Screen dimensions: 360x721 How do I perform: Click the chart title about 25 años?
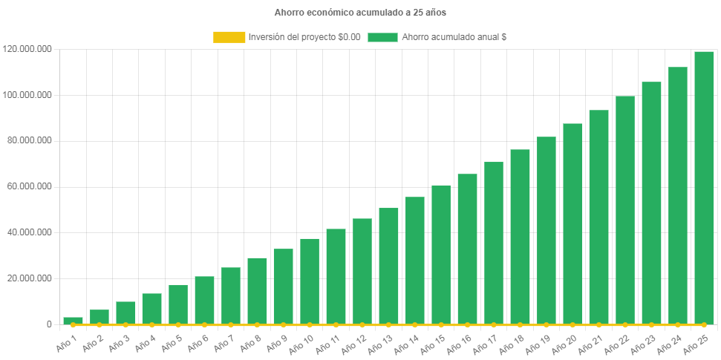[360, 13]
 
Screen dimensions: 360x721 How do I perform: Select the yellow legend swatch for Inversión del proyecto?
[229, 37]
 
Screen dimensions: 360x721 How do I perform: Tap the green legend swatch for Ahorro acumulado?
[382, 37]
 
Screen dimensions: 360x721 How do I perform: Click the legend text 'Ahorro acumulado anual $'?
[454, 37]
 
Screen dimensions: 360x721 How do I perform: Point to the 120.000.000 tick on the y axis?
[27, 49]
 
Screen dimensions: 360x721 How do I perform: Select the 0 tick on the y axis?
[48, 324]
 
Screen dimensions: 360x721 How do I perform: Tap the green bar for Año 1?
[73, 320]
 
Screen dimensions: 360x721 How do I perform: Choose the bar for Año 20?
[572, 223]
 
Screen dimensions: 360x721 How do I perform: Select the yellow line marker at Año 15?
[441, 324]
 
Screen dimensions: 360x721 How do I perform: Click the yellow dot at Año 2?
[99, 324]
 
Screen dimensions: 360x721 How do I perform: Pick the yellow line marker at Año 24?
[678, 324]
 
